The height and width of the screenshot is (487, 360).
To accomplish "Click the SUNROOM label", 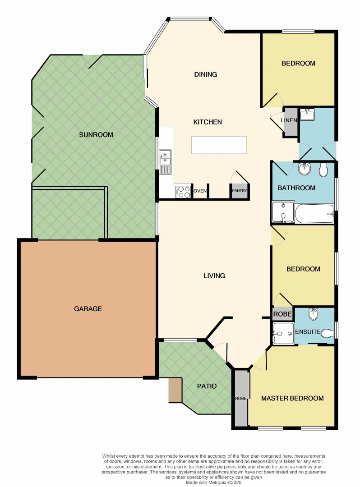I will point(96,134).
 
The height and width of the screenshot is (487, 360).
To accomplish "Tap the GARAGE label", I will point(88,309).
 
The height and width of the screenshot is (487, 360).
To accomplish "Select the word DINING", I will point(205,74).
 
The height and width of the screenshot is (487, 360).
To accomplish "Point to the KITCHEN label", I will point(208,122).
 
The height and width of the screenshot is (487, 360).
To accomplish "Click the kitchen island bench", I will point(219,145).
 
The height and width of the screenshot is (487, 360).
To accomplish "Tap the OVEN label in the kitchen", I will point(200,191).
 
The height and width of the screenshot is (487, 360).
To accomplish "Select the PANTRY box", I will point(239,191).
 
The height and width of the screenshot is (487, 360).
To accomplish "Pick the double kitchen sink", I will point(165,158).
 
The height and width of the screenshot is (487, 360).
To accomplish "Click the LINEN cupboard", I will point(289,120).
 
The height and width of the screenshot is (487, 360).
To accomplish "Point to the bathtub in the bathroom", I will point(315,214).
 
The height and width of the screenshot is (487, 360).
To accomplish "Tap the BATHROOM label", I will point(296,188).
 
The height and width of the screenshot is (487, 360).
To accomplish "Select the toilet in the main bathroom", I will point(323,170).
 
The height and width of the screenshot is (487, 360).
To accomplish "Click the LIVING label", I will point(214,276).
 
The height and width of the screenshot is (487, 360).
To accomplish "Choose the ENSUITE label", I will point(307,332).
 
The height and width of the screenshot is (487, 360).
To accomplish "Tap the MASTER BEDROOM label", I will point(292,398).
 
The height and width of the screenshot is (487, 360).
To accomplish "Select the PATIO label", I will point(207,386).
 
